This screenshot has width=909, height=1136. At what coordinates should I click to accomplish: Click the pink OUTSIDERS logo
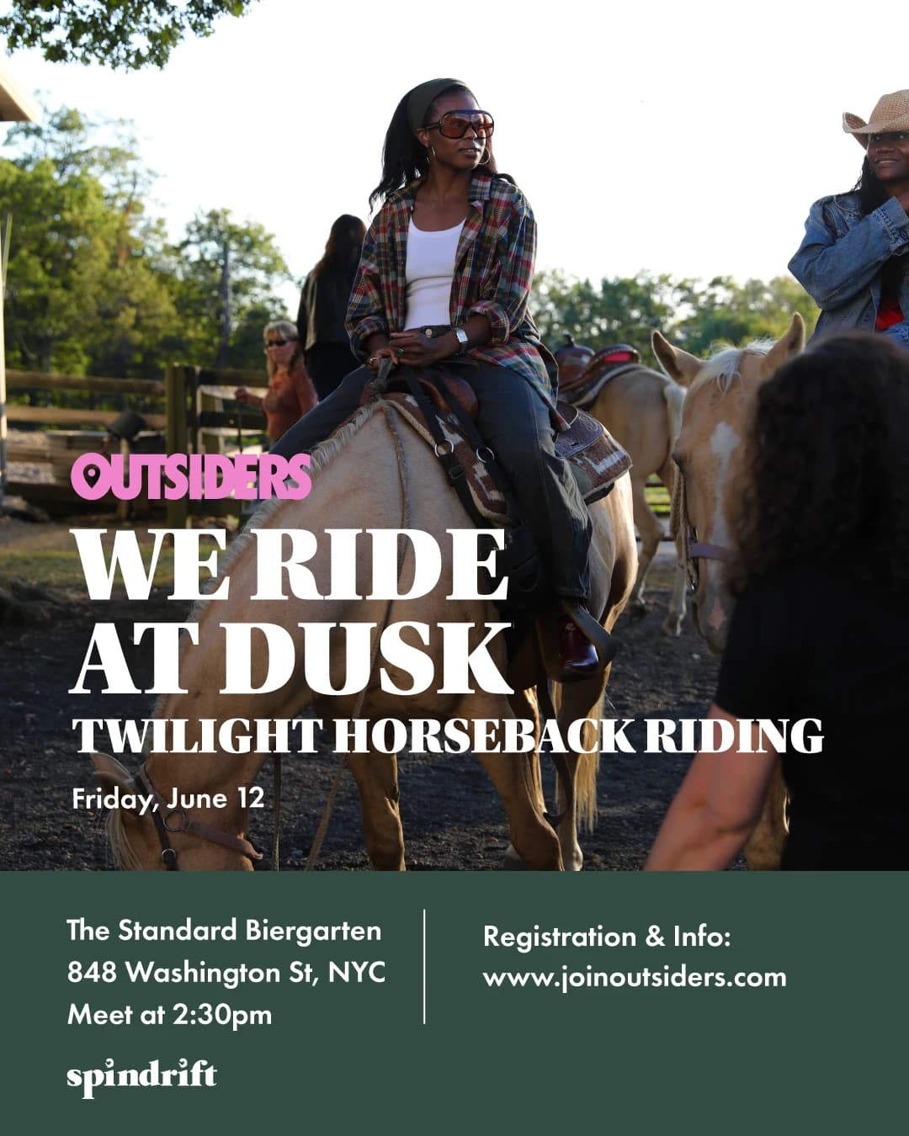(x=192, y=477)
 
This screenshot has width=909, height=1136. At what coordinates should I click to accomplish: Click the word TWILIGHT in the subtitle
(x=196, y=736)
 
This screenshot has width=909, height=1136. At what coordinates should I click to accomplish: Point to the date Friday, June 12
(x=168, y=798)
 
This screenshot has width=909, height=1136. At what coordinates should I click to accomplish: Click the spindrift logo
(x=141, y=1077)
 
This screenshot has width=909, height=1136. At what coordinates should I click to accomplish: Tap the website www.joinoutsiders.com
(x=635, y=978)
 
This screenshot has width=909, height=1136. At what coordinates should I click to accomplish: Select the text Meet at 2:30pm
(x=170, y=1015)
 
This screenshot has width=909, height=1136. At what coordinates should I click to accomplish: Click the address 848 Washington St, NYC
(x=226, y=973)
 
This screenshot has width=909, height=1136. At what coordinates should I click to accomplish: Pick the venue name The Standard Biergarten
(x=224, y=931)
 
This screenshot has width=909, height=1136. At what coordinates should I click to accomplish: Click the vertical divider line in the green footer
(x=424, y=966)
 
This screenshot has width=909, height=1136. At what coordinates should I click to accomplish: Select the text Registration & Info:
(x=607, y=937)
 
